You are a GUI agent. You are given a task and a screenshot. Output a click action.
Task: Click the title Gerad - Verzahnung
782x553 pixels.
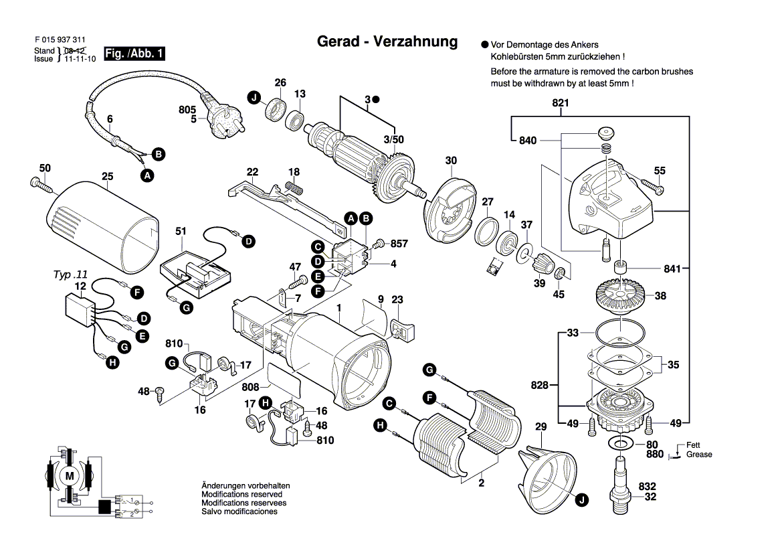click(387, 42)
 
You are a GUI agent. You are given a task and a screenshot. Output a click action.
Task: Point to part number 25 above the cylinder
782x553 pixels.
click(108, 177)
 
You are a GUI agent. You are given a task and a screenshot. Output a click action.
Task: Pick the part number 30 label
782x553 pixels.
click(452, 161)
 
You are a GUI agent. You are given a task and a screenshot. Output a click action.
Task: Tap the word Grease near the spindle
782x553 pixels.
click(699, 455)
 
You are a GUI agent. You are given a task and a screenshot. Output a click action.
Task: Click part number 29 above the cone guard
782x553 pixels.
click(541, 427)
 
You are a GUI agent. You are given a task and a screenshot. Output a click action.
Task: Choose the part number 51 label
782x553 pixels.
click(180, 231)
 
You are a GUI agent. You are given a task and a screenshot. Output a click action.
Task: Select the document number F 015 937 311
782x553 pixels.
click(60, 40)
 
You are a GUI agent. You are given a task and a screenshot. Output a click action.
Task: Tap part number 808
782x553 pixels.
click(251, 386)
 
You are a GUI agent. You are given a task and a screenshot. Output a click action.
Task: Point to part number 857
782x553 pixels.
click(399, 244)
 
